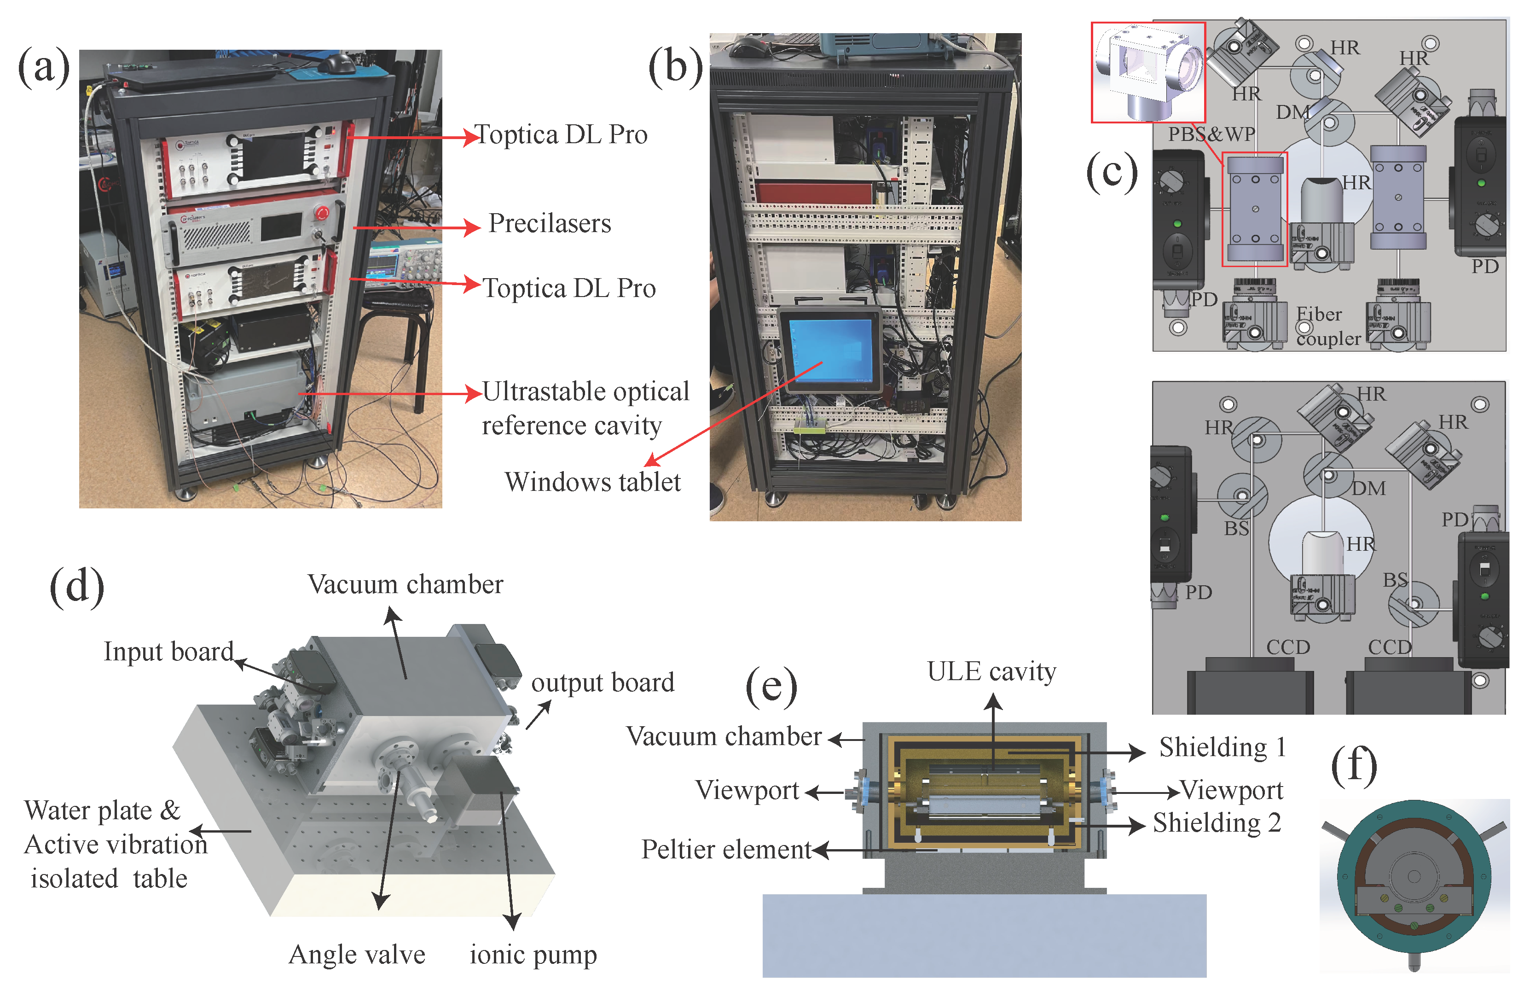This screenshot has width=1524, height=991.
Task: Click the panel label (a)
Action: coord(44,68)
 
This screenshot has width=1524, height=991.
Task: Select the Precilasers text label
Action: coord(550,223)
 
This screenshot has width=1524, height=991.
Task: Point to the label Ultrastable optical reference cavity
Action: coord(584,408)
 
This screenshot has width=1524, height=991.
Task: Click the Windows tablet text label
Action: coord(592,482)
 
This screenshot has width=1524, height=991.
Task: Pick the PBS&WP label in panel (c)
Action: coord(1211,134)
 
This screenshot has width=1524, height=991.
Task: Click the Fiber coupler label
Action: coord(1327,326)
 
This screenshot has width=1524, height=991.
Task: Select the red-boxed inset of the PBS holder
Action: coord(1148,72)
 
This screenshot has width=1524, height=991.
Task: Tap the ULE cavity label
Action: coord(991,671)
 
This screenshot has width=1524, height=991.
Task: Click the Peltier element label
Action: coord(726,850)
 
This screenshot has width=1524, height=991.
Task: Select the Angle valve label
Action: coord(357,955)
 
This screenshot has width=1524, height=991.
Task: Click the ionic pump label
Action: coord(533,955)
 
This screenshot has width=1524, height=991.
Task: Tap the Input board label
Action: coord(168,652)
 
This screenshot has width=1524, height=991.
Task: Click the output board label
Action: coord(603,682)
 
